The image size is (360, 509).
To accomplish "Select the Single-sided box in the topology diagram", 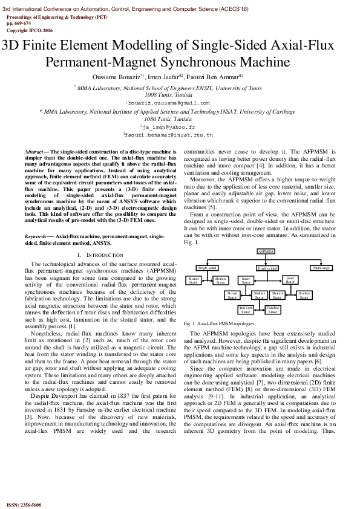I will pos(208,267).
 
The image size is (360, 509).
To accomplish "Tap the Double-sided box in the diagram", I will pos(267,268).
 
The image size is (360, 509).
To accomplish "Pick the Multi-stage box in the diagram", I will pos(321,267).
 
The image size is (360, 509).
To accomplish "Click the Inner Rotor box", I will pos(290,280).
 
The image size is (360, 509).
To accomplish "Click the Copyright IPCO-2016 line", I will pos(30,29).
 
